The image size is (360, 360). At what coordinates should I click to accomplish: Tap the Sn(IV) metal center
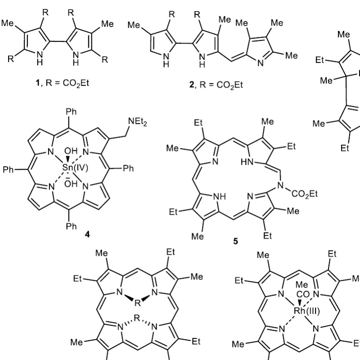[80, 170]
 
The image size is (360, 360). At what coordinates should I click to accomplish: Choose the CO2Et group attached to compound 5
[305, 194]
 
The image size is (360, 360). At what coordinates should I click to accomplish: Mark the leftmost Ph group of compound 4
[9, 170]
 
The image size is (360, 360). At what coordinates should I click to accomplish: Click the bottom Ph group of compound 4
[72, 226]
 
